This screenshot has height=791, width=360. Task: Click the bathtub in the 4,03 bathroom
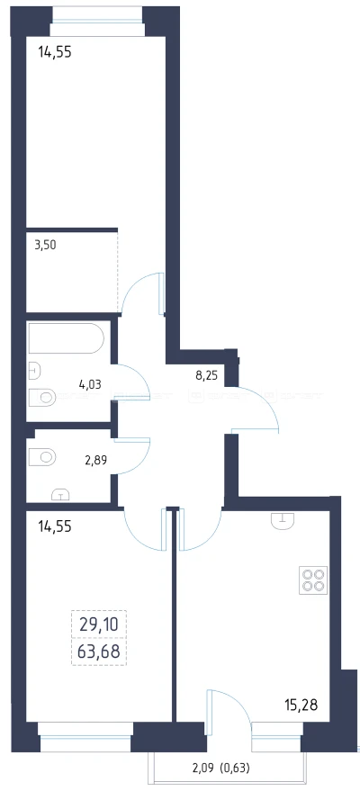coord(66,338)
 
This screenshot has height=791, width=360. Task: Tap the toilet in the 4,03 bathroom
coord(42,398)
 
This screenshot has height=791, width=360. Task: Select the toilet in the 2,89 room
coord(42,457)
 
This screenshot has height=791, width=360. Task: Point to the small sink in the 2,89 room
coord(60,494)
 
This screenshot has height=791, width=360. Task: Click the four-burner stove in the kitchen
coord(313,580)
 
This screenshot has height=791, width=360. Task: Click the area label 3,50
coord(45,246)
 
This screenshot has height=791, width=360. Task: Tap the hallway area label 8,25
coord(206,375)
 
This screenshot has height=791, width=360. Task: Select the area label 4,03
coord(90,384)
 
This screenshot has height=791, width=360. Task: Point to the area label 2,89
coord(95,460)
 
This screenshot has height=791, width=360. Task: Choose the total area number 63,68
coord(99,652)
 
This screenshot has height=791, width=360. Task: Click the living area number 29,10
coord(99,625)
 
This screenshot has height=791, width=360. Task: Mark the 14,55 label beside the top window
coord(55,52)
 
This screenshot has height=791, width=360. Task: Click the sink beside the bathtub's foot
coord(34,371)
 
